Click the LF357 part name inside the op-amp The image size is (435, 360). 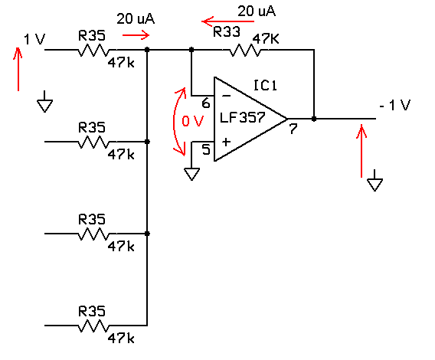243,117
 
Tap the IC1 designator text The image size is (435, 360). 265,85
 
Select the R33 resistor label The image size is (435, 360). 227,31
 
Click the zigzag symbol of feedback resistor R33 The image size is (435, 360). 245,51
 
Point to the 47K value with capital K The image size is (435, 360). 266,39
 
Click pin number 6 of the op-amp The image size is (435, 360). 206,103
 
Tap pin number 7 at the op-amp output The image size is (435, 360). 293,129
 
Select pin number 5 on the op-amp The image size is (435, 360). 206,149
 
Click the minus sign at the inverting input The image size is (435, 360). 227,96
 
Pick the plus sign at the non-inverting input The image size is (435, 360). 226,142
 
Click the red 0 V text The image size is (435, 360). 192,121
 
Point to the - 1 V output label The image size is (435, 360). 395,105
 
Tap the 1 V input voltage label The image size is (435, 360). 34,39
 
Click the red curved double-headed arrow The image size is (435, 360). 174,122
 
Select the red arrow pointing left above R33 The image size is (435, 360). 227,21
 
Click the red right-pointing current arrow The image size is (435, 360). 136,35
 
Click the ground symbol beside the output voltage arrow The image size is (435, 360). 374,181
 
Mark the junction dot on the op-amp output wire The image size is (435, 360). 314,119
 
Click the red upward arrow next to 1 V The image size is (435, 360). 18,69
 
